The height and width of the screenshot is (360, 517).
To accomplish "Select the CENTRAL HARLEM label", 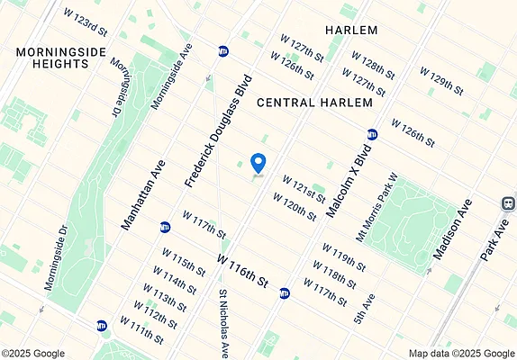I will tap(314, 103).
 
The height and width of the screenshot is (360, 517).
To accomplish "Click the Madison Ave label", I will tap(452, 230).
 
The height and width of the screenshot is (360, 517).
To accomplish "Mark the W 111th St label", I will tap(141, 332).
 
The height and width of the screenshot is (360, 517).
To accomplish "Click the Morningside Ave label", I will tap(172, 78).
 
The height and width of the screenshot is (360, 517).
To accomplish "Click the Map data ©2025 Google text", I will tap(459, 354).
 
